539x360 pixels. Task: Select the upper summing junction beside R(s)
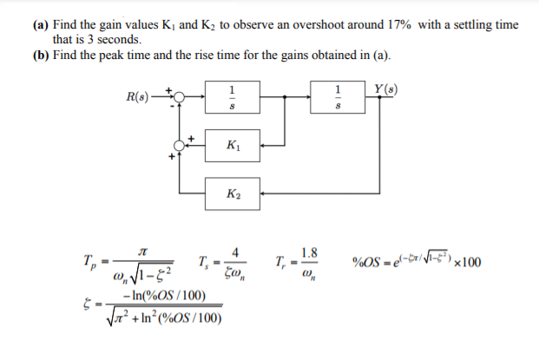click(180, 96)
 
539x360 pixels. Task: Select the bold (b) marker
click(41, 56)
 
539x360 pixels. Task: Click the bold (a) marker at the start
click(41, 25)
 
